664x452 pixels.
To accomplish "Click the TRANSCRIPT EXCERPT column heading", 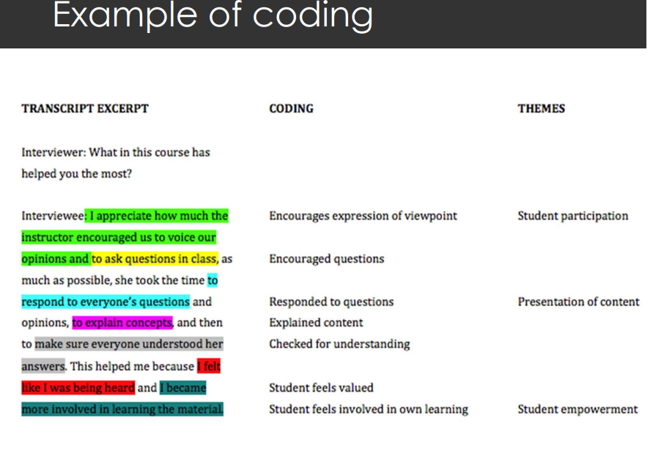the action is pos(85,109).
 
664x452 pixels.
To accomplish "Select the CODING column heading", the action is pos(292,109).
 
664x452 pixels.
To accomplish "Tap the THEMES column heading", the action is pos(541,109).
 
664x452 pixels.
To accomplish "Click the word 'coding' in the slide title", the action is pos(312,16).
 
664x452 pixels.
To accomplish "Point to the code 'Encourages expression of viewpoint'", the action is pos(364,216).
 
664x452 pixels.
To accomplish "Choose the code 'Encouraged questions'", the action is pos(326,258).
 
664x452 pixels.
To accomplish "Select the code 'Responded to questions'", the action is pos(331,302).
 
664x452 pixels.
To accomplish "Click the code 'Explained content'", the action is pos(316,323).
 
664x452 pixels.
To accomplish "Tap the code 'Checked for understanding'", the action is pos(339,344).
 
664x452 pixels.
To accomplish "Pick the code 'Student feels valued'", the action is pos(321,387).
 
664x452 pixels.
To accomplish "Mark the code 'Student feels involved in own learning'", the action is pos(369,409).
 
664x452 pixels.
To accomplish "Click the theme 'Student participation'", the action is pos(572,216).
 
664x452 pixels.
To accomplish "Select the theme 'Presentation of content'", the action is pos(578,302).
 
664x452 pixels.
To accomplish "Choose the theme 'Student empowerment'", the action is pos(578,409).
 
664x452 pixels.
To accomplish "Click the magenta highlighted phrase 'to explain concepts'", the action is pos(122,323).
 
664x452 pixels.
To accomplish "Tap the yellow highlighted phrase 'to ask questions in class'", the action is pos(155,258).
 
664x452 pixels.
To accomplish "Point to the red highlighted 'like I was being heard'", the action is pos(78,387).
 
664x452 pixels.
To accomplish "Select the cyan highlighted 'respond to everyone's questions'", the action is pos(106,302).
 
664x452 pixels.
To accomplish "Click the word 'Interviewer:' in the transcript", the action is pos(54,152).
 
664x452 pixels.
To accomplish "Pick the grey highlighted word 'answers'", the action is pos(43,366).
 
